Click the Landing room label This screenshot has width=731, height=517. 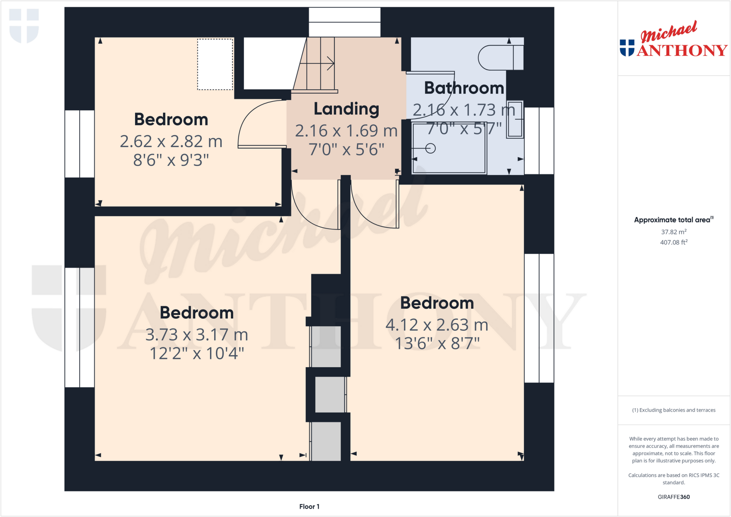346,109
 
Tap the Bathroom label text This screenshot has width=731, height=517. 464,88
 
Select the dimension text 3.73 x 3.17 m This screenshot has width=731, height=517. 197,335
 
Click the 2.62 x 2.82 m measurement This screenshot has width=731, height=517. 171,141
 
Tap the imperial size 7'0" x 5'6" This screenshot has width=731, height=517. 346,149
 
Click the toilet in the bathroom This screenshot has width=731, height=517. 500,57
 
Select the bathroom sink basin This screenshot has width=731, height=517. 515,119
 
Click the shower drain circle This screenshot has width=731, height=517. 430,148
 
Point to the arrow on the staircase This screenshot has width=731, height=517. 330,64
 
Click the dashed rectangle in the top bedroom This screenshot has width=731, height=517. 215,64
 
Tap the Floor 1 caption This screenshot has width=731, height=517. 309,507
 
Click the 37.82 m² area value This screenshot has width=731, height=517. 674,232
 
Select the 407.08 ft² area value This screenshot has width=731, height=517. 674,243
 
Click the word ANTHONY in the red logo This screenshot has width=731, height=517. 682,51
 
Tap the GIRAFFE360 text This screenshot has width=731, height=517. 674,497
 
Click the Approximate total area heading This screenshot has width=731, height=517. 673,220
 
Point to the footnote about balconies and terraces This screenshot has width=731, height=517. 674,410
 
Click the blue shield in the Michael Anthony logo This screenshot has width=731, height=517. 627,48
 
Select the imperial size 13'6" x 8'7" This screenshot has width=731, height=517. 437,344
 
